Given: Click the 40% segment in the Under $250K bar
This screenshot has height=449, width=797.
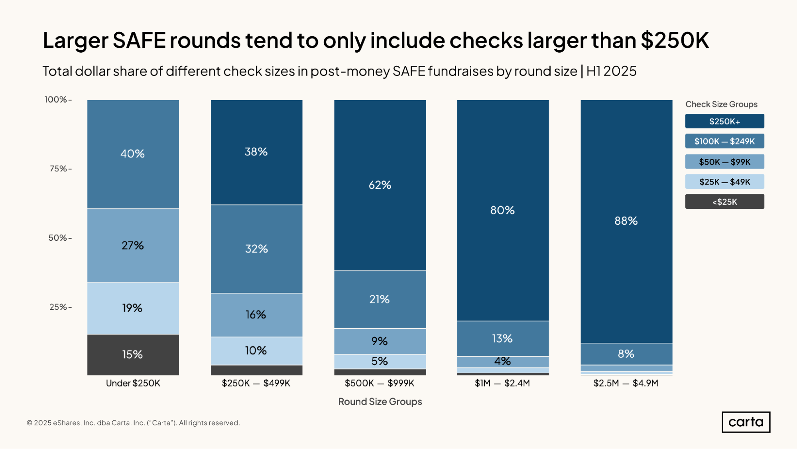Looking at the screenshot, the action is [x=133, y=154].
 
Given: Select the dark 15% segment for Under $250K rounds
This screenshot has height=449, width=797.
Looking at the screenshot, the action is [x=133, y=354].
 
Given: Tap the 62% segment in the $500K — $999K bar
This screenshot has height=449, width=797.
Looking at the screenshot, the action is [x=380, y=185].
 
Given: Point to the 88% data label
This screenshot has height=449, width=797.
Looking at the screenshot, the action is [x=626, y=221].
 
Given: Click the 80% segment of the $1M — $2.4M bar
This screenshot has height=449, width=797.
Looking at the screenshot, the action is [x=503, y=210].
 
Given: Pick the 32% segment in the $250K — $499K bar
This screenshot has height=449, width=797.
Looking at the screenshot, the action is [x=256, y=249].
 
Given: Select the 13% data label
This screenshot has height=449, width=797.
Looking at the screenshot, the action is [x=502, y=338].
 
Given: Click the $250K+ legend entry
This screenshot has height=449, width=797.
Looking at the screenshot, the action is [x=724, y=121].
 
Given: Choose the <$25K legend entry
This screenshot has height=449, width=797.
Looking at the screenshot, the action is [x=724, y=202].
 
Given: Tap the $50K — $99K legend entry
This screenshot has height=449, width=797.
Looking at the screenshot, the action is [x=724, y=162].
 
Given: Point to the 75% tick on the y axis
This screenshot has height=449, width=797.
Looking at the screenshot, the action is [x=61, y=169].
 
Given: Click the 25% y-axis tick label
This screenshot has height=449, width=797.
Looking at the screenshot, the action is [x=61, y=307].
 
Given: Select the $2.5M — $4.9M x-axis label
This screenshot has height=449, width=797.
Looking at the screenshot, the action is [x=626, y=383].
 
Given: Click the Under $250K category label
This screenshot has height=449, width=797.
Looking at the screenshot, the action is [x=133, y=383].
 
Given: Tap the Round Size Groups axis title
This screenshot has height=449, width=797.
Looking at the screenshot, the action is [x=380, y=402].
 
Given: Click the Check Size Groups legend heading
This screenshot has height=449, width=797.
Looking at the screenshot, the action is [x=721, y=104].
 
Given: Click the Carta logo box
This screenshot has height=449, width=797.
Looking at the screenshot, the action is [x=746, y=422].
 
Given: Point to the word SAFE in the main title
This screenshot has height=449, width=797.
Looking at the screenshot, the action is [x=139, y=40].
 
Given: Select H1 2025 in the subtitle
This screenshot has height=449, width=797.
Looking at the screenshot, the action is [x=611, y=71].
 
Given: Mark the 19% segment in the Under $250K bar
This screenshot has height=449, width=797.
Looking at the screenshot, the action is [x=133, y=308].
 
